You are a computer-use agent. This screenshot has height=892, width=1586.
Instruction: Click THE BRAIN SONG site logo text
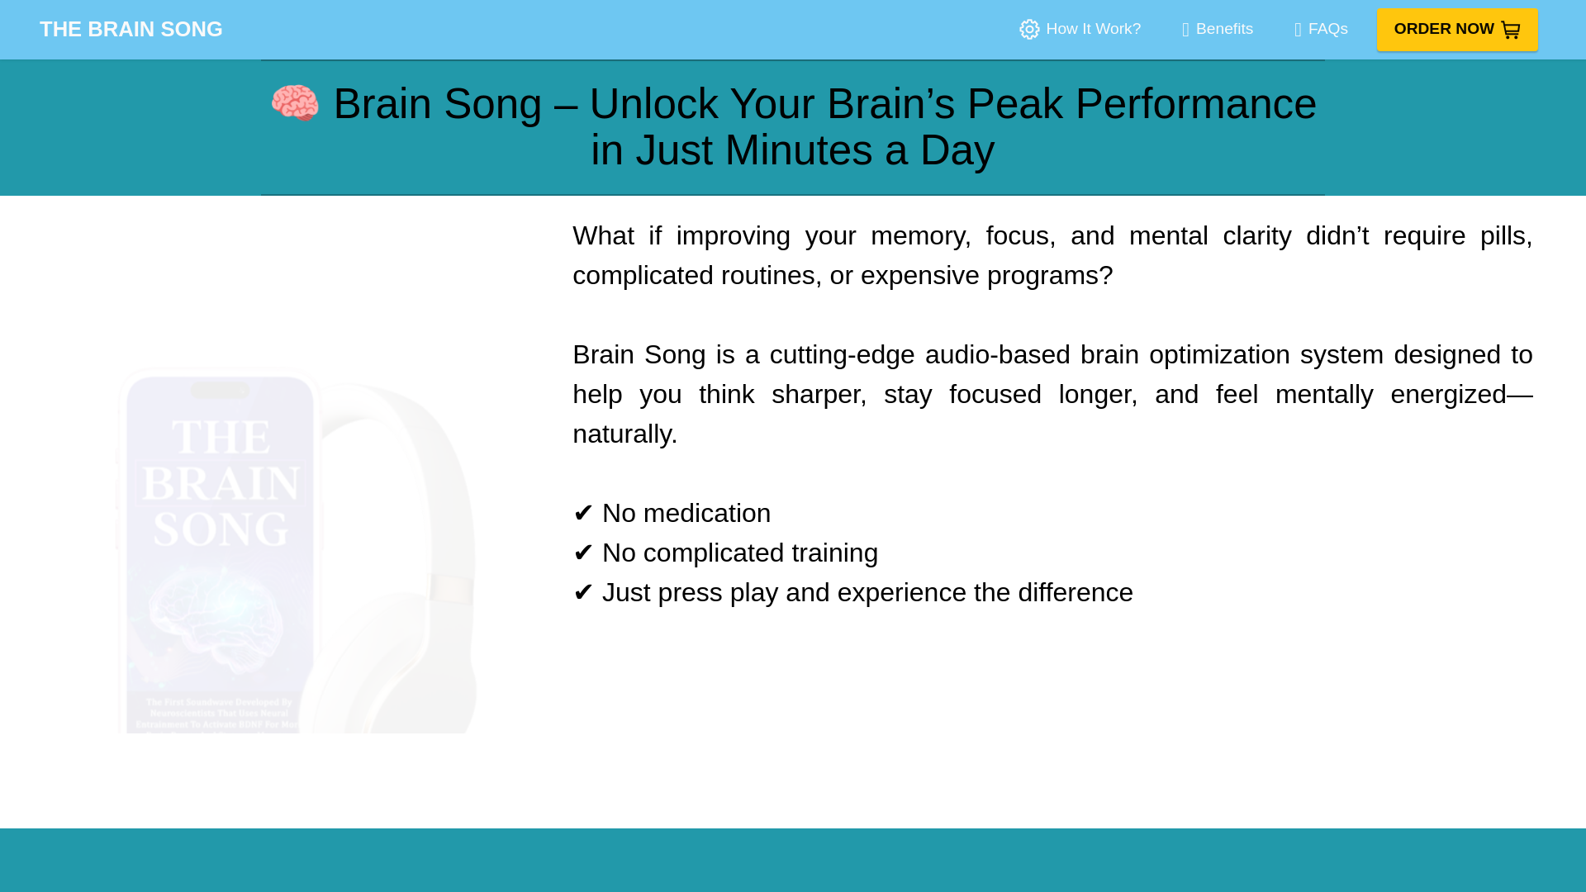tap(131, 29)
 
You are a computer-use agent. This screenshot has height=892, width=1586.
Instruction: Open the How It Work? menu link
tap(1092, 29)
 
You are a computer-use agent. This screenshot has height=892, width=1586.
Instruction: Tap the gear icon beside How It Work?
tap(1029, 30)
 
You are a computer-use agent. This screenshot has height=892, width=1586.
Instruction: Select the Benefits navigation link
tap(1223, 29)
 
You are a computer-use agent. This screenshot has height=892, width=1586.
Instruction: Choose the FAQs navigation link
tap(1327, 29)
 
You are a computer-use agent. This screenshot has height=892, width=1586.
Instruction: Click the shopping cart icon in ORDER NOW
tap(1510, 30)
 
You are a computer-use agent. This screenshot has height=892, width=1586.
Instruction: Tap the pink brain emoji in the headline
tap(295, 103)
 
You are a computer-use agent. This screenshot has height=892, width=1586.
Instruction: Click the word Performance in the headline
tap(1194, 104)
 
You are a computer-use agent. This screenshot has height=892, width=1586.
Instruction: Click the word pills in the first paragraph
tap(1502, 236)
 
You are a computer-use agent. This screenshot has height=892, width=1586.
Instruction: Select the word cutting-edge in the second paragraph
tap(842, 355)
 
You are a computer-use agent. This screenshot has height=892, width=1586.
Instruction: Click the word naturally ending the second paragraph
tap(621, 434)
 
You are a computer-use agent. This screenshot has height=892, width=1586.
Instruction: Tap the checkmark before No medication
tap(583, 513)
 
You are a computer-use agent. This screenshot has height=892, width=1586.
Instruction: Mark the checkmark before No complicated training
tap(583, 553)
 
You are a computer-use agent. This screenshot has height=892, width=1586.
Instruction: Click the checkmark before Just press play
tap(583, 592)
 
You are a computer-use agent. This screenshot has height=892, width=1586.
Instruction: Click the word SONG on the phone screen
tap(221, 529)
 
